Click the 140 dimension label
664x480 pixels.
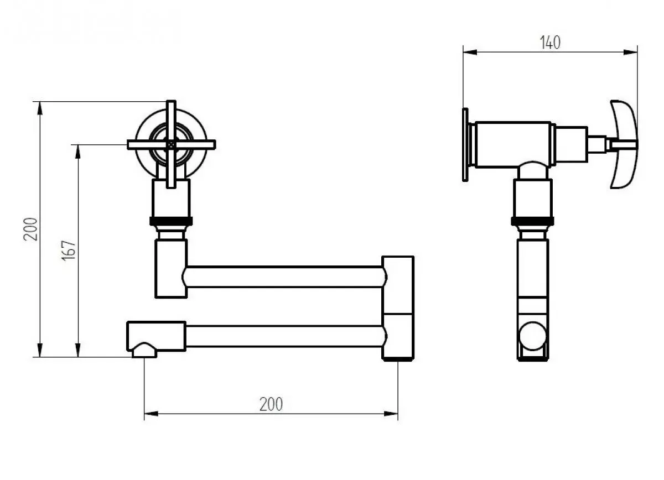pyautogui.click(x=550, y=43)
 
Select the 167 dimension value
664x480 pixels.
pyautogui.click(x=69, y=251)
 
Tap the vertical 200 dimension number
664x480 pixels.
pyautogui.click(x=30, y=229)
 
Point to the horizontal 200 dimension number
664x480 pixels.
pyautogui.click(x=271, y=404)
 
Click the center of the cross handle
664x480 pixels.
pyautogui.click(x=171, y=144)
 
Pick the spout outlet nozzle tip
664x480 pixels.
pyautogui.click(x=144, y=351)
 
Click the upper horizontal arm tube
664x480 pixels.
pyautogui.click(x=284, y=276)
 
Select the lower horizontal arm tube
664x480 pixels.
pyautogui.click(x=284, y=336)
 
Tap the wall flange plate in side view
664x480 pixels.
pyautogui.click(x=465, y=144)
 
